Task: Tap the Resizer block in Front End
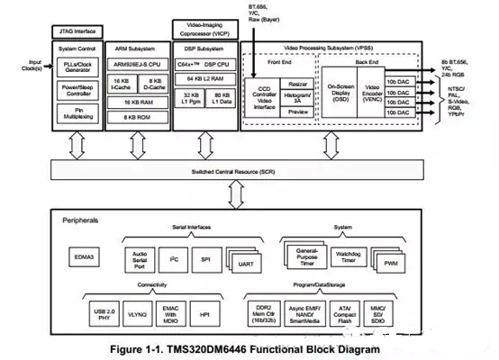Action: pyautogui.click(x=300, y=83)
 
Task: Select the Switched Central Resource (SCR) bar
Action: pyautogui.click(x=239, y=171)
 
